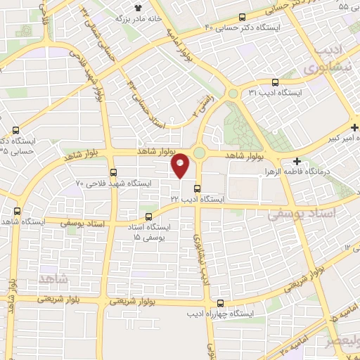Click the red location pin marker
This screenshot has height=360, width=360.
(x=181, y=165)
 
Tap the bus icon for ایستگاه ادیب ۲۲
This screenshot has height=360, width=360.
(x=198, y=188)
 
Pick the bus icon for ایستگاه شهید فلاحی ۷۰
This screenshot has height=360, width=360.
(x=113, y=172)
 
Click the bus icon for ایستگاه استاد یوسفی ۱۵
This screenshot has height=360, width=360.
(x=148, y=217)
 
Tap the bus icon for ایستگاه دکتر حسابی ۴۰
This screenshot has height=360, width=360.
(x=243, y=18)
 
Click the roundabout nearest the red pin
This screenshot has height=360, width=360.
(x=200, y=153)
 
